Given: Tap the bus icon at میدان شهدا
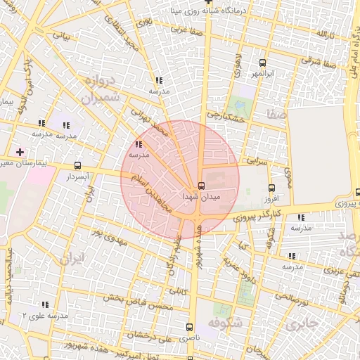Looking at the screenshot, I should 202,186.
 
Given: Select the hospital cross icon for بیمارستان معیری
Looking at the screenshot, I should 20,152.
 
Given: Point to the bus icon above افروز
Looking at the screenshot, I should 271,188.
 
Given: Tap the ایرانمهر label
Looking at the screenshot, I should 262,73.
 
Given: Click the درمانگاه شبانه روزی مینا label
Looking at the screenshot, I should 209,11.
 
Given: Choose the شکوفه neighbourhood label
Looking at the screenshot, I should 226,323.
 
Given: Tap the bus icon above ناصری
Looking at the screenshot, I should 188,327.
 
